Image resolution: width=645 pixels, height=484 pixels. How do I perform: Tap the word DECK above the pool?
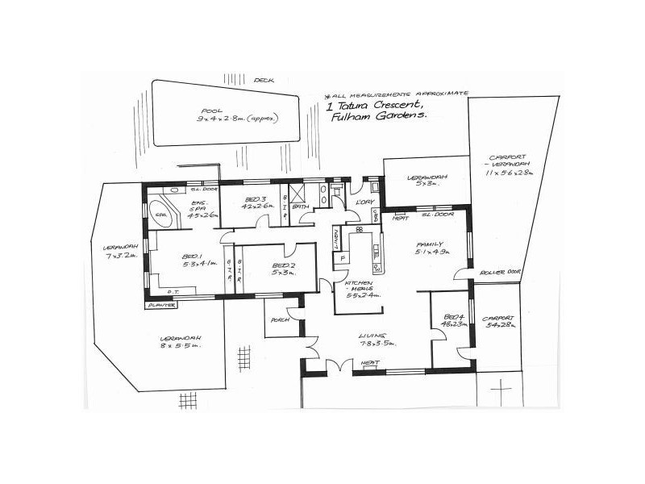(x=264, y=81)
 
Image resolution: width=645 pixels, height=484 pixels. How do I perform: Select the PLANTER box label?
(x=158, y=306)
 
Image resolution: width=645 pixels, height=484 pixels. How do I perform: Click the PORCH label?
(x=281, y=319)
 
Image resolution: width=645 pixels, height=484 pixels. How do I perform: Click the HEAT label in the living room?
(x=371, y=364)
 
